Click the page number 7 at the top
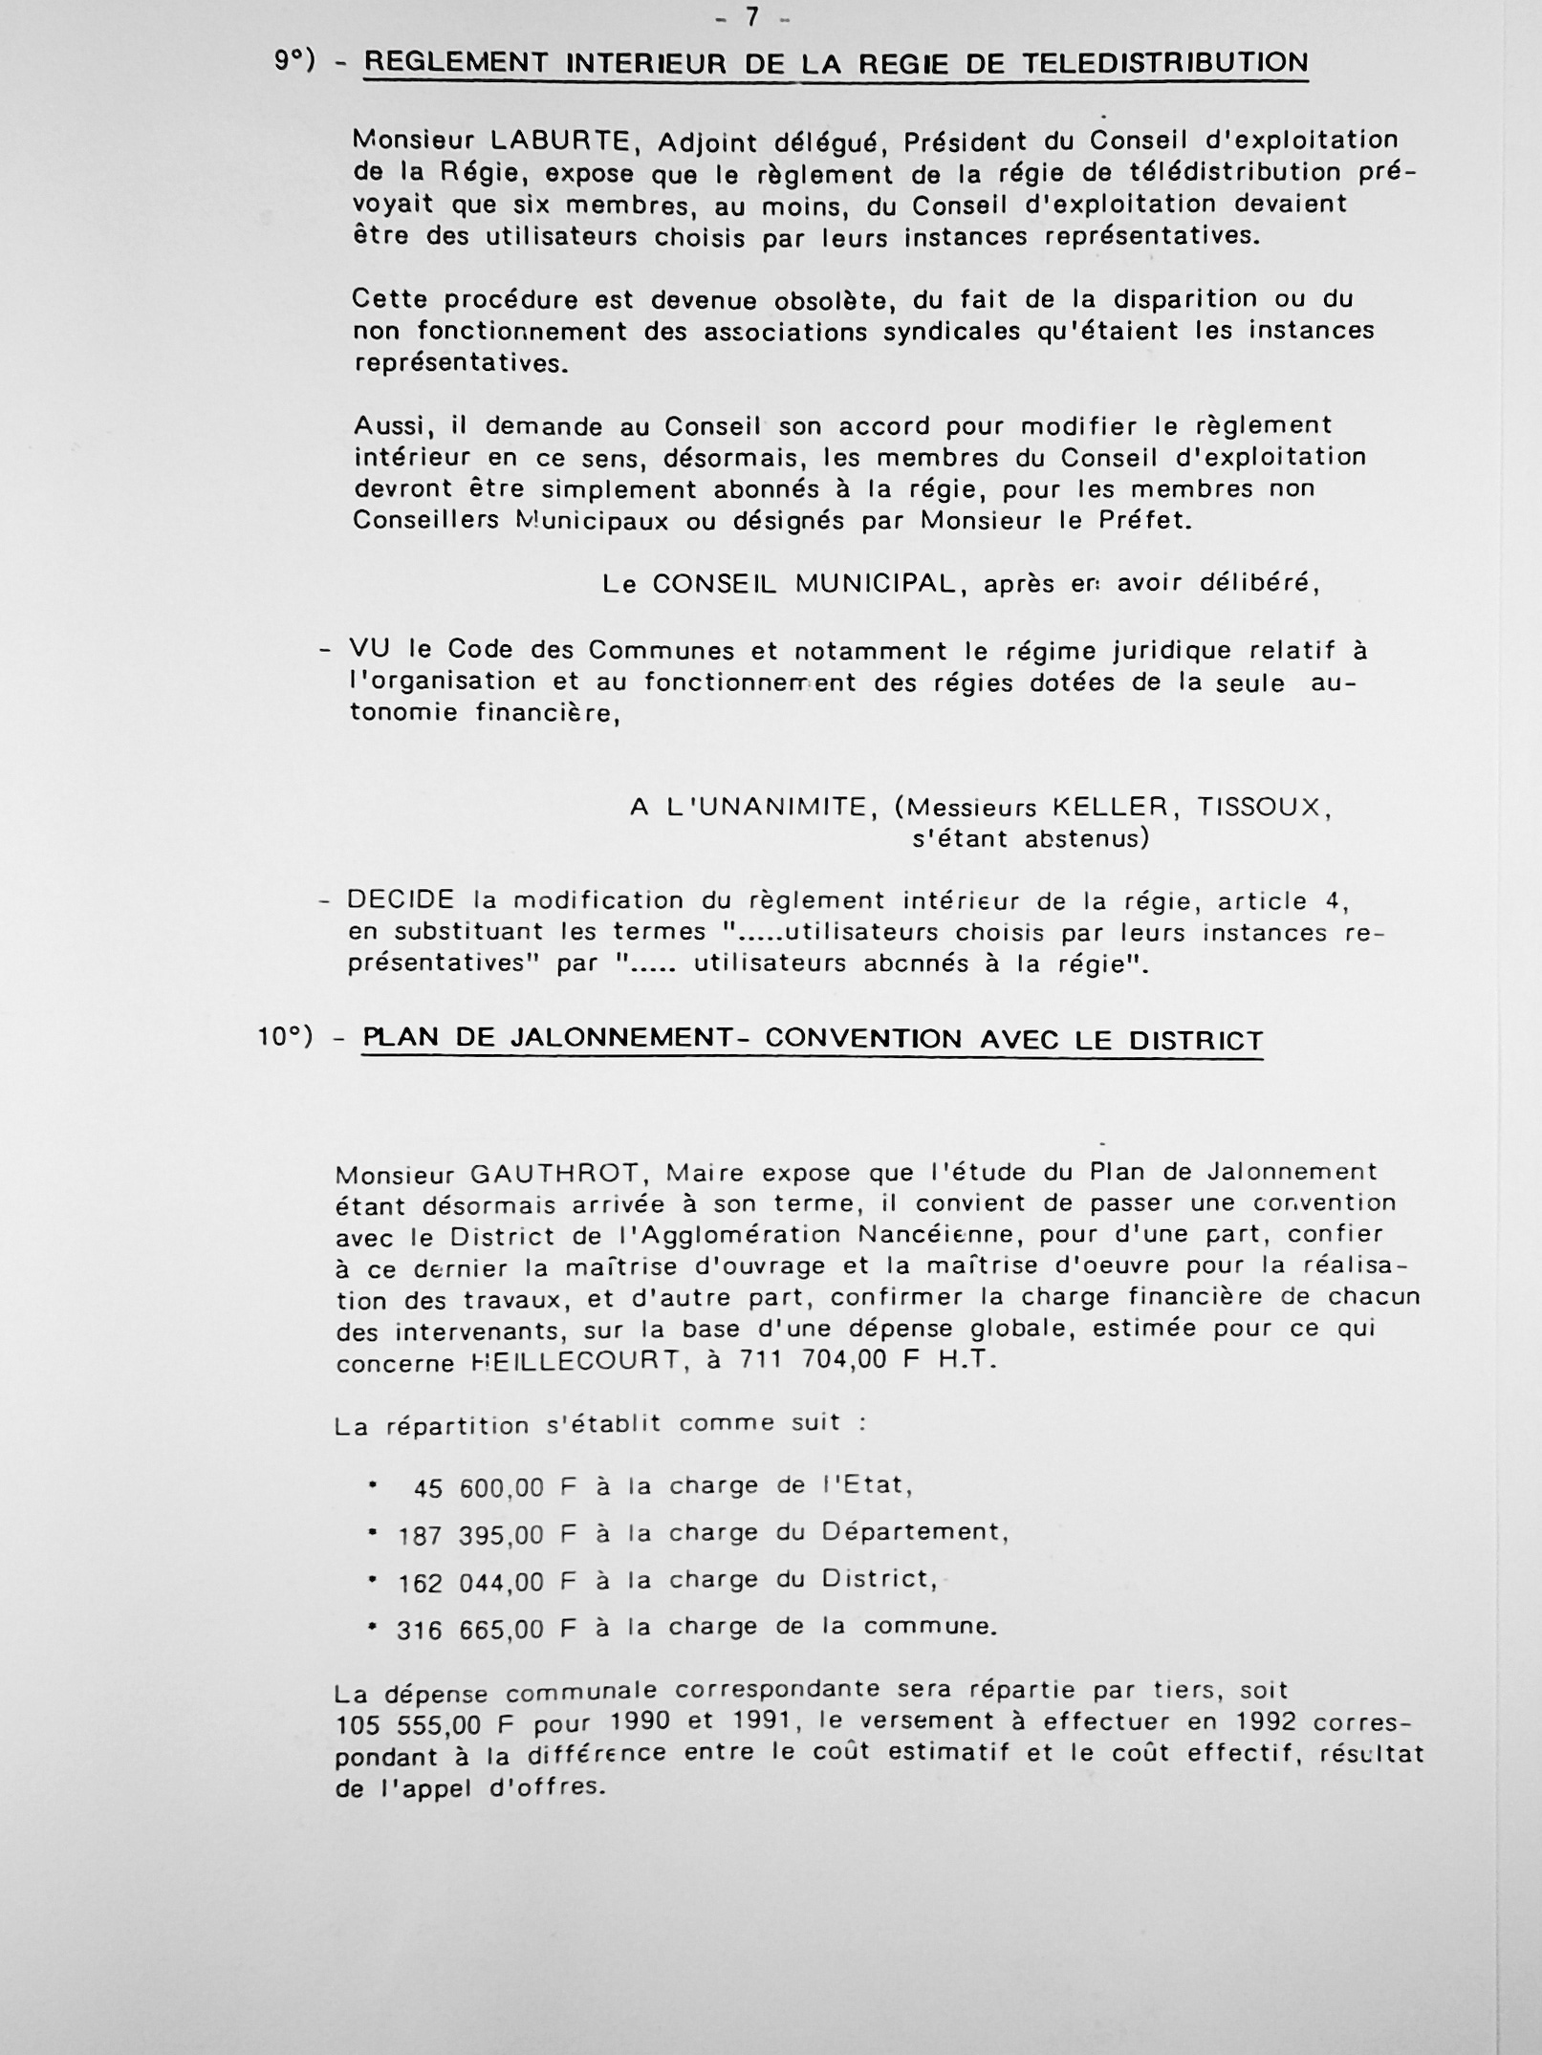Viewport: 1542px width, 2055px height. (x=751, y=16)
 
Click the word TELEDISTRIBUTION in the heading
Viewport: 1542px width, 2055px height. (x=1164, y=64)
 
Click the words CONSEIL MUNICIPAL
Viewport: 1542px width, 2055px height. (x=805, y=584)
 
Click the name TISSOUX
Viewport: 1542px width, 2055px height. (x=1264, y=808)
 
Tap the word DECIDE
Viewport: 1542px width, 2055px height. (x=401, y=900)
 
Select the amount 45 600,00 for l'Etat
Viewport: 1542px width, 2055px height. (x=479, y=1488)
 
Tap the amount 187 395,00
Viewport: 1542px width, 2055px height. (x=470, y=1536)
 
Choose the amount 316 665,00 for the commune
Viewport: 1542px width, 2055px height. (x=470, y=1630)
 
